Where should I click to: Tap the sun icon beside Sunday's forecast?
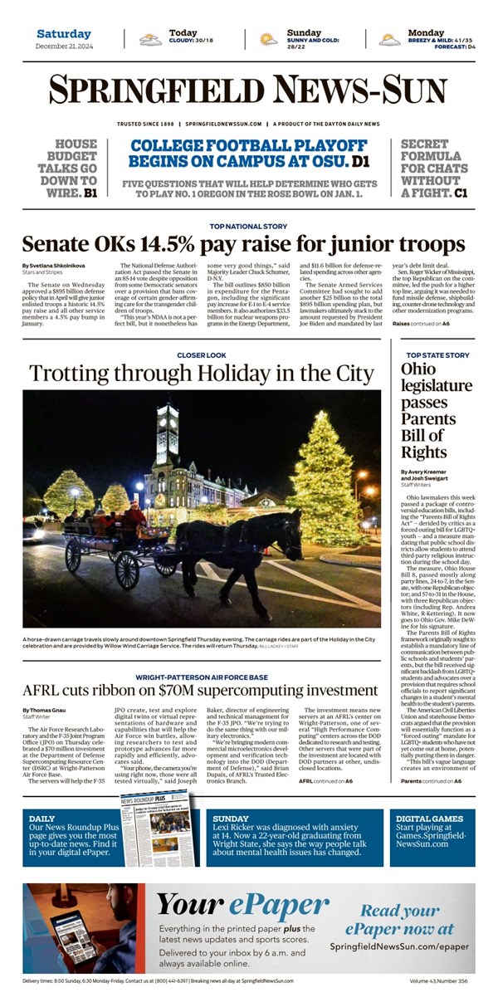tap(268, 39)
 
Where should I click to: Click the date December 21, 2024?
tap(63, 46)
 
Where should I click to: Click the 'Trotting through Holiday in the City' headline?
tap(201, 373)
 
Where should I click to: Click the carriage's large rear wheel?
tap(127, 569)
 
